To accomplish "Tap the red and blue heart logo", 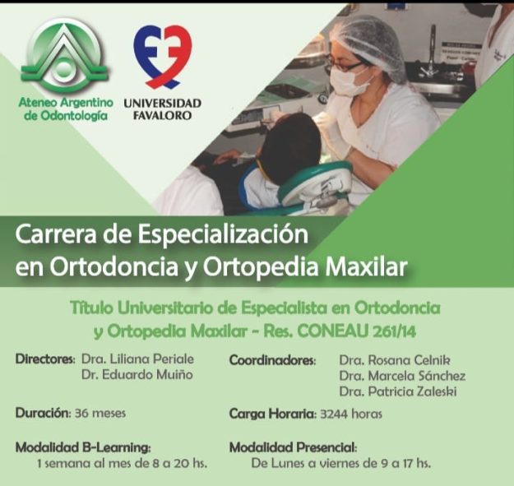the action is (x=163, y=58).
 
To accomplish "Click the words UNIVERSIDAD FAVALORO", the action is (x=162, y=109).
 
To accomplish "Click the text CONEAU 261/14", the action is (x=357, y=331).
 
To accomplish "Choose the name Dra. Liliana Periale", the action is (x=137, y=359).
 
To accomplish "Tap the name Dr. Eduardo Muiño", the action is (x=137, y=375).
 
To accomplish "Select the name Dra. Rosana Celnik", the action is (x=395, y=360).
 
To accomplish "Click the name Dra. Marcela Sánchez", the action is (x=402, y=376).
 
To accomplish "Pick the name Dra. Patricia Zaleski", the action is (x=398, y=391).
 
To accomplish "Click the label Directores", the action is (x=45, y=359).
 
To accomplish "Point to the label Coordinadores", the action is (x=273, y=360).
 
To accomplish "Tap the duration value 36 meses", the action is (x=100, y=413).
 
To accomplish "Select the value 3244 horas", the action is (x=351, y=414).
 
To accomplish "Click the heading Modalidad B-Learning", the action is (x=83, y=447).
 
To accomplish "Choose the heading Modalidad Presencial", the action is (x=293, y=447).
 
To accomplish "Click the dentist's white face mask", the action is (x=348, y=81).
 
